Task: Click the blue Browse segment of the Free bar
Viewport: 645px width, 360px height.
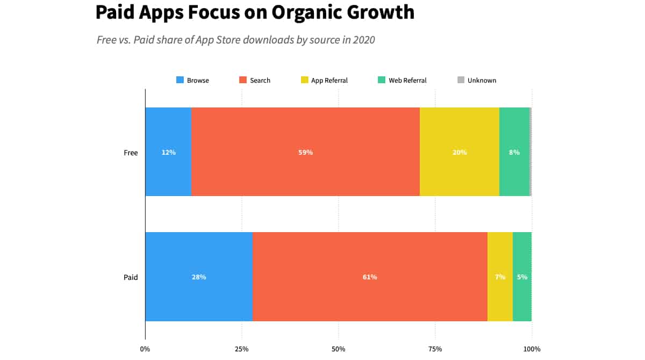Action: click(x=168, y=152)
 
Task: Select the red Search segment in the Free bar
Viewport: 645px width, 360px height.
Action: click(x=305, y=152)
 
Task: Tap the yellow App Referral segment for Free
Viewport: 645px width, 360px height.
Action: click(x=460, y=152)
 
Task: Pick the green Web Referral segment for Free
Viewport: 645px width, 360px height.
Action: click(x=514, y=152)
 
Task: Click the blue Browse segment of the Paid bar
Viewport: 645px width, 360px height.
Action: click(x=199, y=277)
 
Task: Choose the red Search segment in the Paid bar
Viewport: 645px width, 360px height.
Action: click(x=370, y=277)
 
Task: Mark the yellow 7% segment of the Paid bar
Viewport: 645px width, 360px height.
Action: click(x=500, y=277)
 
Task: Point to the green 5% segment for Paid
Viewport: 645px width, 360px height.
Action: click(x=522, y=277)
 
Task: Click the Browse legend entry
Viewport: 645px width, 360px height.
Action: click(x=192, y=81)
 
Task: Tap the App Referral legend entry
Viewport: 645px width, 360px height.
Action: click(x=324, y=81)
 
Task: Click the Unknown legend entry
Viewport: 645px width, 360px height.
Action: click(x=477, y=81)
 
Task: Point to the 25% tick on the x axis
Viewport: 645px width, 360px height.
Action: click(x=242, y=349)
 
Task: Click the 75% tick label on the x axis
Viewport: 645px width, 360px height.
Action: click(x=435, y=349)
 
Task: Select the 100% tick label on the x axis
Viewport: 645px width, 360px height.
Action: click(x=532, y=349)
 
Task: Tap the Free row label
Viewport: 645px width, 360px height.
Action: click(x=131, y=153)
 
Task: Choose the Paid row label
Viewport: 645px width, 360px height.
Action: click(x=131, y=277)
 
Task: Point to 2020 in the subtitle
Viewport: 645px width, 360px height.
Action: click(x=363, y=40)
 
